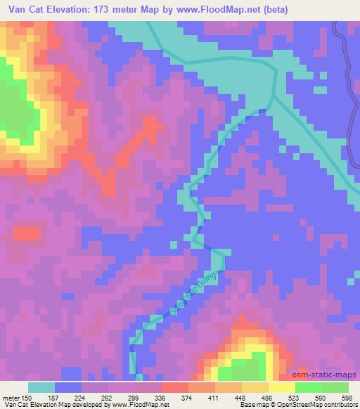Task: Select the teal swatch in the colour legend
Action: (x=41, y=387)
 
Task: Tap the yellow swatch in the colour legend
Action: (x=281, y=387)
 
